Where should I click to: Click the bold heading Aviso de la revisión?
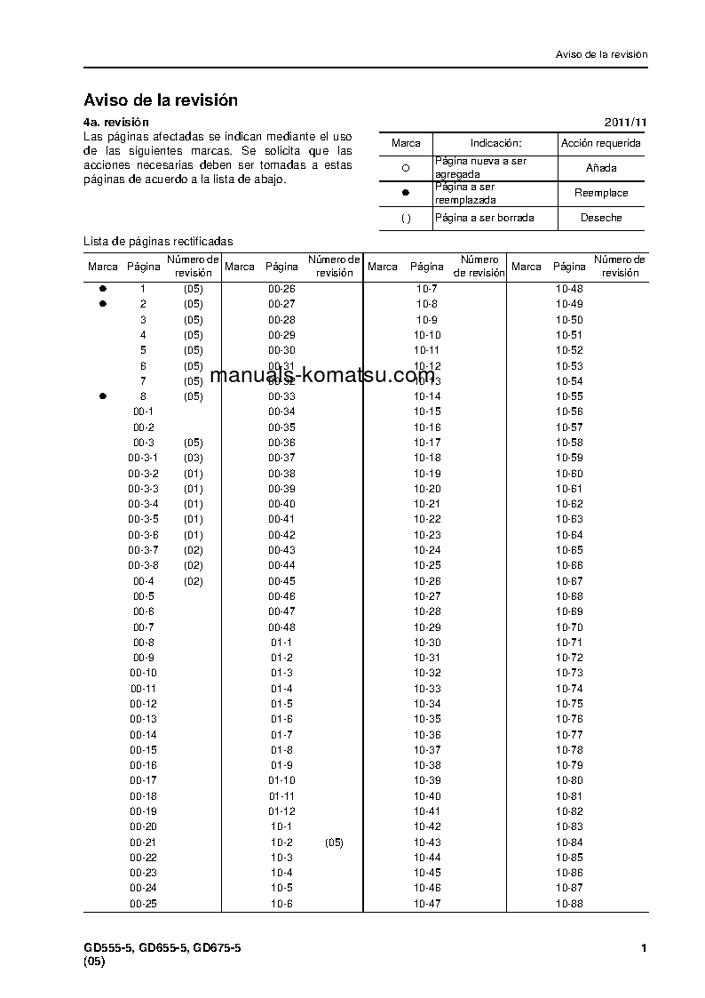(x=161, y=100)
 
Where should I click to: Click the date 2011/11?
(x=626, y=122)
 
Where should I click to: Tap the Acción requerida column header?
(x=601, y=143)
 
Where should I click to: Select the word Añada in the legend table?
(x=601, y=168)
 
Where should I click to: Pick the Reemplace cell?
(x=601, y=193)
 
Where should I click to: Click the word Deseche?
(x=601, y=218)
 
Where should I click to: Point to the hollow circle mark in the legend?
(x=406, y=168)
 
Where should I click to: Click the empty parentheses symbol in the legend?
(x=406, y=218)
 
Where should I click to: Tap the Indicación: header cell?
(x=495, y=143)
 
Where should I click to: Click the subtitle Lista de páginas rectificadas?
(x=158, y=241)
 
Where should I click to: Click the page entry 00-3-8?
(x=144, y=565)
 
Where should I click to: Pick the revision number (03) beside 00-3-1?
(x=194, y=458)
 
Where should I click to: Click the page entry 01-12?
(x=281, y=811)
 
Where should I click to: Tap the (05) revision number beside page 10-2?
(x=334, y=842)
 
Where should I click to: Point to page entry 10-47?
(x=427, y=904)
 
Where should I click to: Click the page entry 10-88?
(x=569, y=904)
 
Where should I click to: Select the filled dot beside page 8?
(x=103, y=396)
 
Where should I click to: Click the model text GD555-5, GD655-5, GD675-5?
(x=162, y=948)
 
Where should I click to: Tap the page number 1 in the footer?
(x=644, y=948)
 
